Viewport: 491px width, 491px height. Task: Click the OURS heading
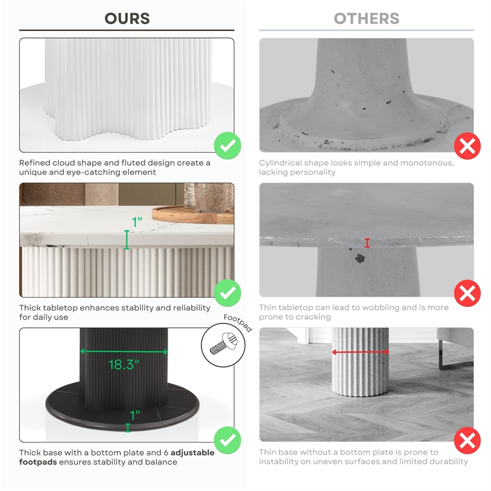point(127,18)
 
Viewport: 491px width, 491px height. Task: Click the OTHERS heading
point(366,18)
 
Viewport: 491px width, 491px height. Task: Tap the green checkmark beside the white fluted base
point(228,145)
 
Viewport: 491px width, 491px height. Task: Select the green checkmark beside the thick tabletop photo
point(228,293)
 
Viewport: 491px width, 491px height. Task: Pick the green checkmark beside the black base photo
point(228,440)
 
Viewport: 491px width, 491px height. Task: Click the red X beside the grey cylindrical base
point(467,146)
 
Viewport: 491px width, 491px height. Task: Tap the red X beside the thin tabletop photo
point(467,293)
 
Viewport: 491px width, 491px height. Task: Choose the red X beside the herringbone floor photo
point(467,440)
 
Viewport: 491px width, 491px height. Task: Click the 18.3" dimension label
point(124,365)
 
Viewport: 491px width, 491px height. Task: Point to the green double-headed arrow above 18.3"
point(124,352)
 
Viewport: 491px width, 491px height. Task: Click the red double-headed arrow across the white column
point(360,352)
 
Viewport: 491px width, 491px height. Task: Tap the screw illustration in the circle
point(223,344)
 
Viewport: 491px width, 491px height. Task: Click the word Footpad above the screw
point(238,323)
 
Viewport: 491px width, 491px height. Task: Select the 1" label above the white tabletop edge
point(137,222)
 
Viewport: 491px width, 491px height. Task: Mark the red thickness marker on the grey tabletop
point(367,243)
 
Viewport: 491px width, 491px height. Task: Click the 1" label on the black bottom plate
point(135,415)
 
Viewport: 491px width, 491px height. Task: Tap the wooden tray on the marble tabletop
point(193,214)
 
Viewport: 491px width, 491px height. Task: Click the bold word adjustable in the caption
point(193,453)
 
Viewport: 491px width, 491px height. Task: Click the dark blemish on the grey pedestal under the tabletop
point(360,258)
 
